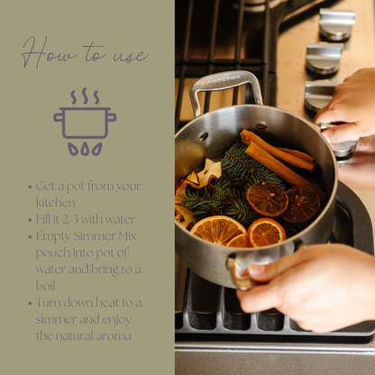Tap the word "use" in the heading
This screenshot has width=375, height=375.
coord(128,56)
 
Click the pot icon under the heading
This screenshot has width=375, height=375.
coord(85,122)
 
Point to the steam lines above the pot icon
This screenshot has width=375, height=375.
coord(85,96)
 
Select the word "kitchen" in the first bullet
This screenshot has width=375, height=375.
coord(56,202)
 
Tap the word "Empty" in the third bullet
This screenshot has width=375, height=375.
coord(54,235)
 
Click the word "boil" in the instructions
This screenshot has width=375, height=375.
coord(47,286)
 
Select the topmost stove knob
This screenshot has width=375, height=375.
coord(336,23)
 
